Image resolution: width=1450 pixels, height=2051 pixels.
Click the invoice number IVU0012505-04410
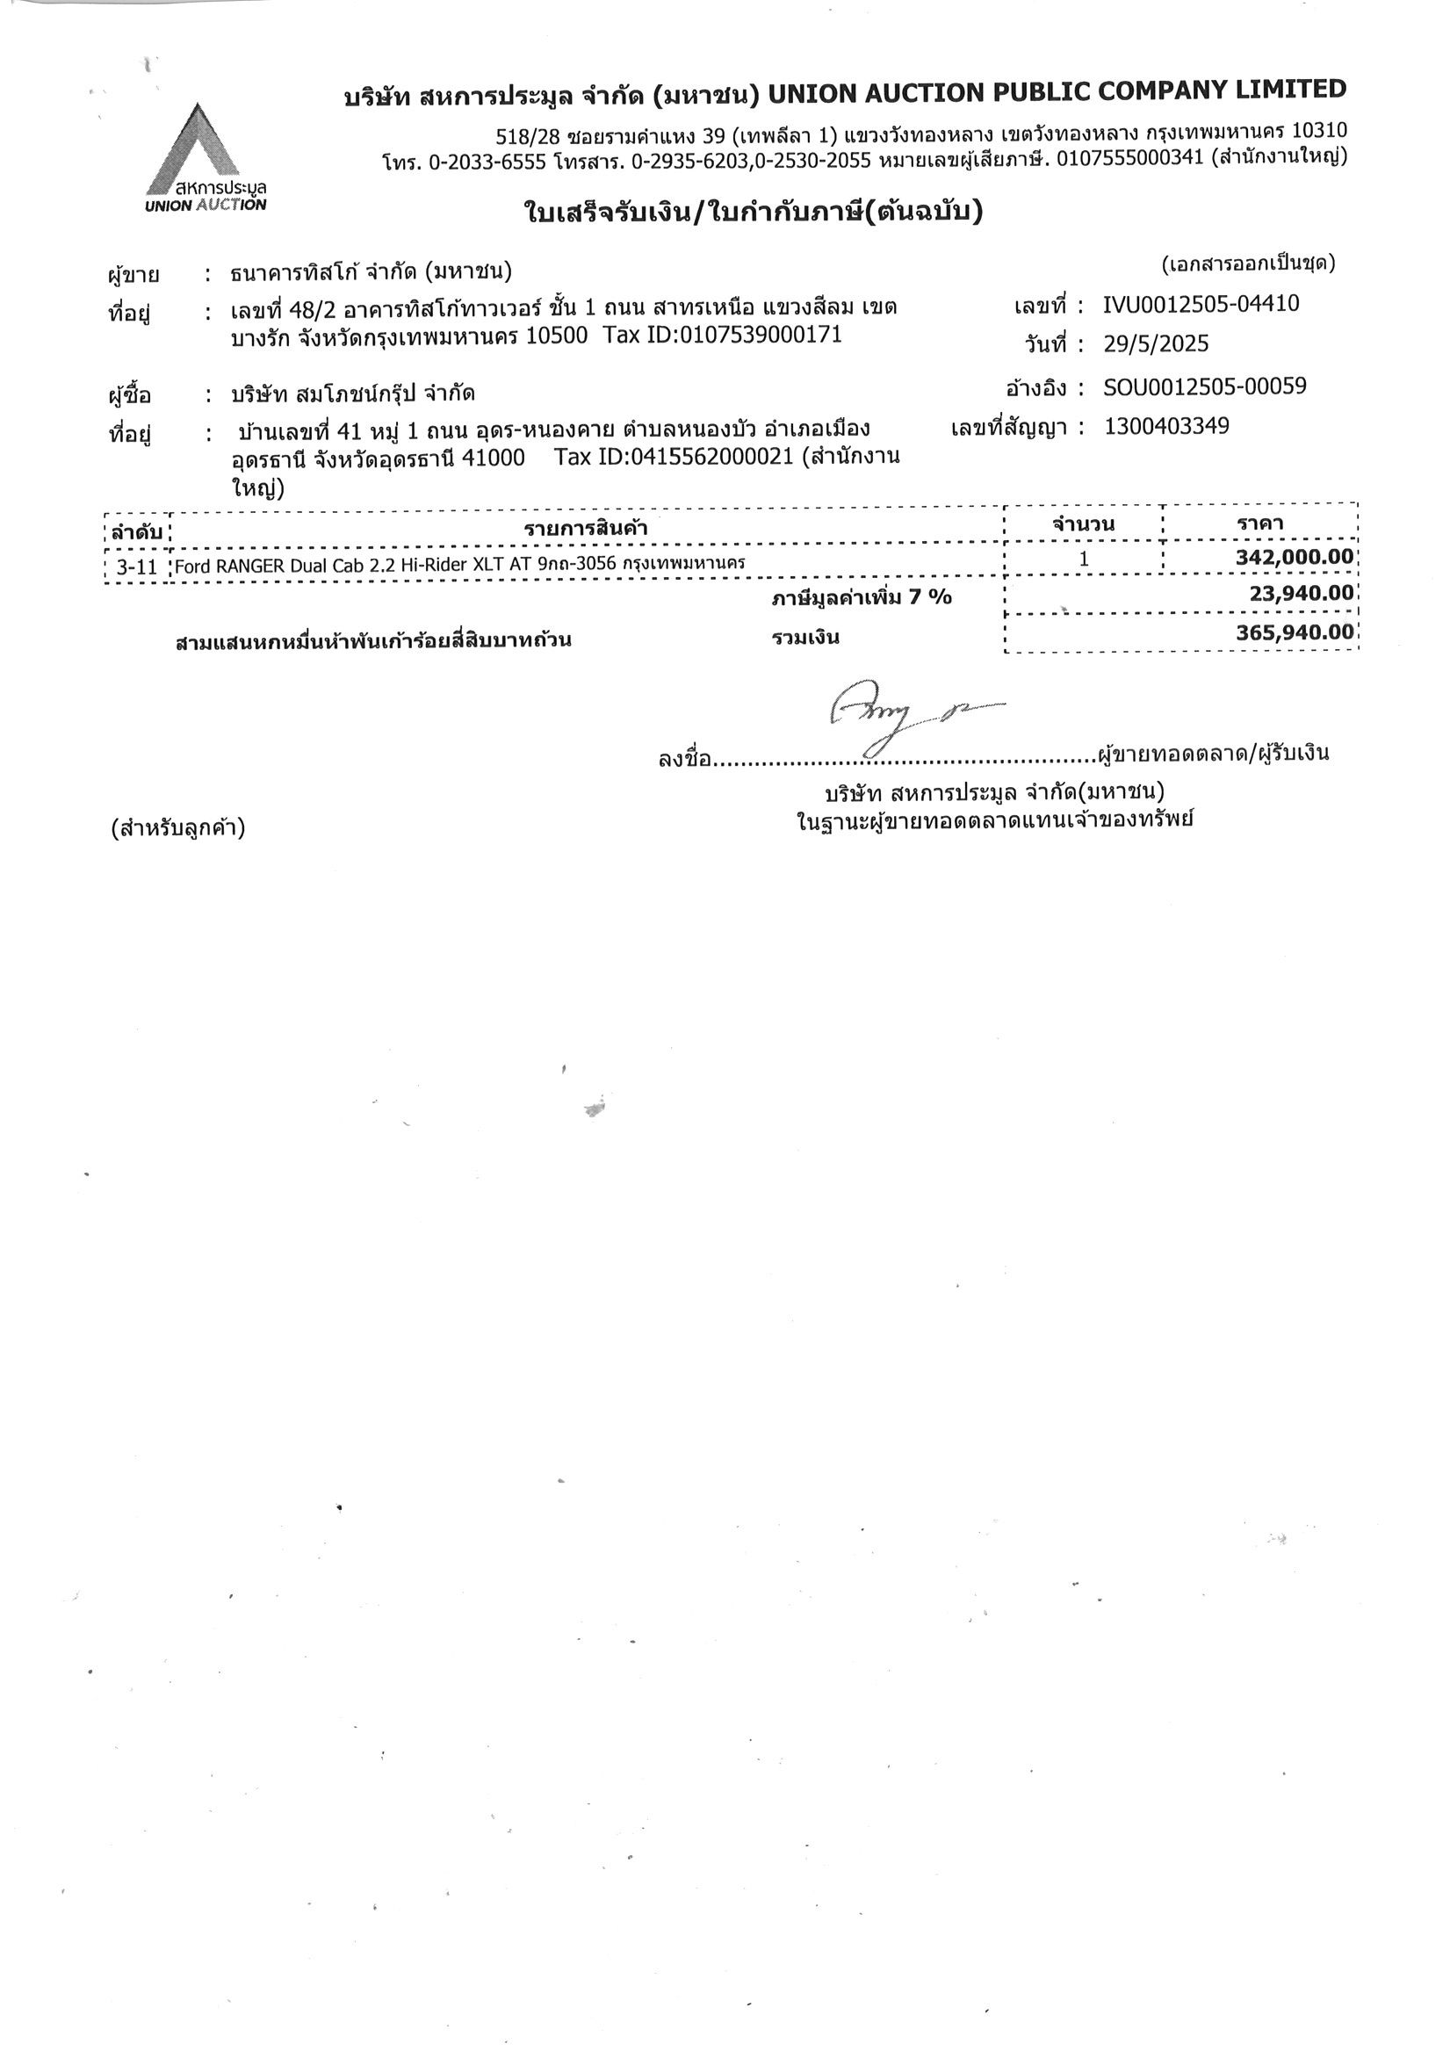pyautogui.click(x=1201, y=305)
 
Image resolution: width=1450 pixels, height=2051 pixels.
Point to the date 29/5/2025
pyautogui.click(x=1155, y=344)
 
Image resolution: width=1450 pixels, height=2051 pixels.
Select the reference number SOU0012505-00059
pyautogui.click(x=1204, y=386)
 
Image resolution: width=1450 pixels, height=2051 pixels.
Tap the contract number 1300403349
pyautogui.click(x=1166, y=426)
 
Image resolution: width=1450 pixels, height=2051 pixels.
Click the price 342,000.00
pyautogui.click(x=1295, y=558)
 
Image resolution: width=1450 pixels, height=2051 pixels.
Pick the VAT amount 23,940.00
pyautogui.click(x=1301, y=593)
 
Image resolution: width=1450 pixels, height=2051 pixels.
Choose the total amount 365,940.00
pyautogui.click(x=1295, y=632)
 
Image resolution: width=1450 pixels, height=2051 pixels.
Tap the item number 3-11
pyautogui.click(x=137, y=567)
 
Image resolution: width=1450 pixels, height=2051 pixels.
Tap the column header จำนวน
pyautogui.click(x=1083, y=524)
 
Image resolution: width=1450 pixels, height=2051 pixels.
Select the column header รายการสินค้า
pyautogui.click(x=585, y=528)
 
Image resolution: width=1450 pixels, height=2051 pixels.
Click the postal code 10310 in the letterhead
pyautogui.click(x=1319, y=131)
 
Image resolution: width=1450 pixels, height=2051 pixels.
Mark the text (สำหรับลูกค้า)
pyautogui.click(x=177, y=828)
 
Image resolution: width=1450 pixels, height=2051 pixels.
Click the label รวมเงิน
pyautogui.click(x=805, y=638)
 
